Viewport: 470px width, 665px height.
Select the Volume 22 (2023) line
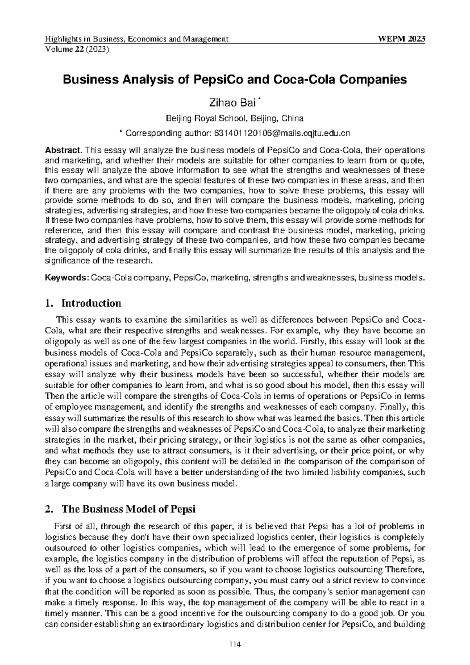(77, 49)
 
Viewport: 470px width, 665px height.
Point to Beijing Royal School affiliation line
(235, 118)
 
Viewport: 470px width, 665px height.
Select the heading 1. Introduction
(83, 303)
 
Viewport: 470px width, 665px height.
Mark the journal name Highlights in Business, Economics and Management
(137, 39)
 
